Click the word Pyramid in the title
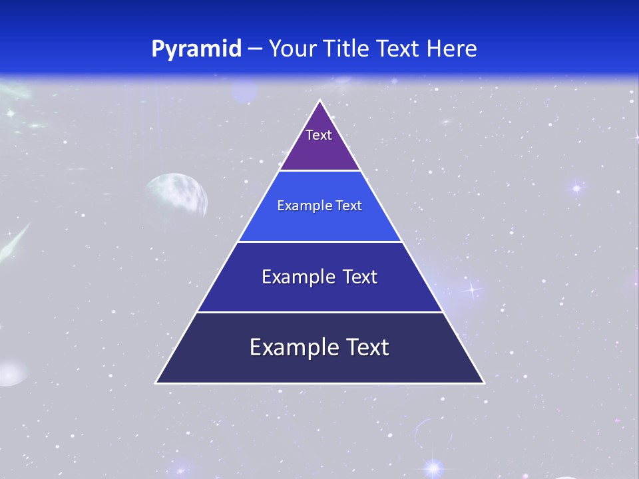tap(196, 49)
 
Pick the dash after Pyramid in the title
tap(254, 49)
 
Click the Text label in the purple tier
tap(319, 135)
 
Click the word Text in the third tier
tap(359, 277)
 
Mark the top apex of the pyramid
tap(320, 101)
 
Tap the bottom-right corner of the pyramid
tap(483, 382)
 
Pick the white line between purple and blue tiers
tap(320, 171)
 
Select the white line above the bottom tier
tap(320, 312)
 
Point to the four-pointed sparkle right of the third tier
tap(472, 289)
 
